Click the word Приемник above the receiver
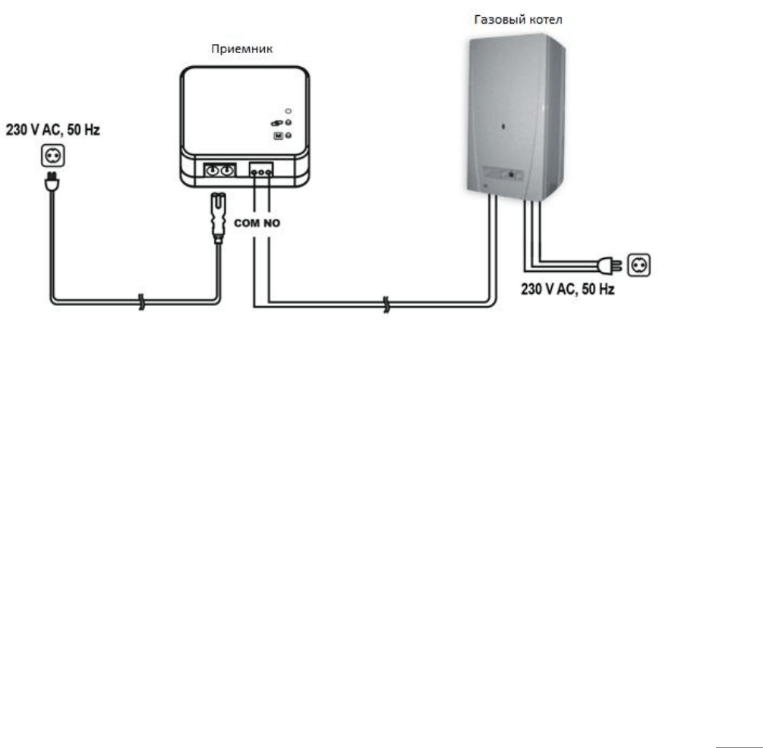pos(242,49)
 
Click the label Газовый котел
pos(519,20)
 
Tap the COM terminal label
pos(247,223)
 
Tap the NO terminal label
pos(272,223)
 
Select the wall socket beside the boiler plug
pos(639,265)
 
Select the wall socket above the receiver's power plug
pos(52,156)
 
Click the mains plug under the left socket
pos(52,181)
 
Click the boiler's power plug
pos(610,265)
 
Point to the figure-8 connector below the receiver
pos(218,216)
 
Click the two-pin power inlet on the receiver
pos(219,170)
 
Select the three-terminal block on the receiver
pos(261,170)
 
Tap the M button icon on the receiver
pos(279,136)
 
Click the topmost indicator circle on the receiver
pos(288,112)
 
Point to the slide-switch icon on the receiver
pos(276,123)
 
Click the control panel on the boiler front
pos(503,174)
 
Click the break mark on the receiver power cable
pos(141,302)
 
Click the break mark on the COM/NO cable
pos(386,305)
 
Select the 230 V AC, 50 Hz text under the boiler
pos(568,289)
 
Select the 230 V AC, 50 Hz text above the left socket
pos(52,130)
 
